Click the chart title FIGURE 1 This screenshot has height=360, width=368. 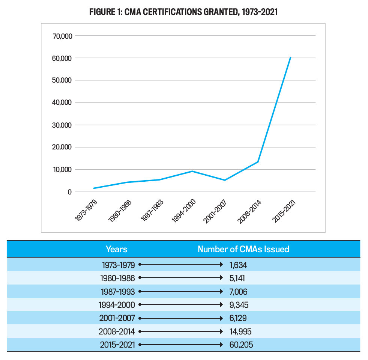(x=183, y=12)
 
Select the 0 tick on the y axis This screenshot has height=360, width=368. (x=69, y=192)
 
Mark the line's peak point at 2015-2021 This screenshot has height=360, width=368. (x=290, y=57)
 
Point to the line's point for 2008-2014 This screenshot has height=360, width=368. (x=258, y=162)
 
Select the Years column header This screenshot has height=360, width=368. (x=116, y=249)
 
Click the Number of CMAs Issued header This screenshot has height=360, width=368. (x=243, y=249)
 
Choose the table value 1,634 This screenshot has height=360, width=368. (x=238, y=265)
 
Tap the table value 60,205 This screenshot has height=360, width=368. (x=241, y=345)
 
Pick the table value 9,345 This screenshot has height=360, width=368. (x=239, y=305)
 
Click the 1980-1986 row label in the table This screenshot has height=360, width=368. (x=117, y=278)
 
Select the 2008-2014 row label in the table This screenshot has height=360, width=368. (x=117, y=331)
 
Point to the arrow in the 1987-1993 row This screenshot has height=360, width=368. (x=181, y=292)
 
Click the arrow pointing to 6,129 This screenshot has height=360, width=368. (x=181, y=318)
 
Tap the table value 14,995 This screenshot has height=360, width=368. (x=240, y=331)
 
